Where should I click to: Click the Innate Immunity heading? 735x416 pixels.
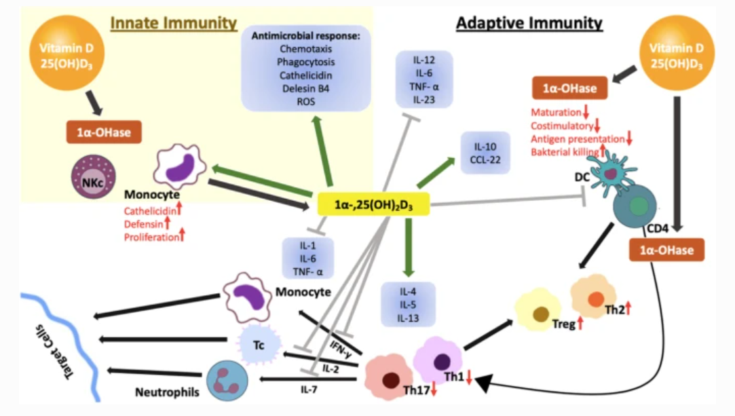coord(174,23)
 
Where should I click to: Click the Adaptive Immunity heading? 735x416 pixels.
coord(529,23)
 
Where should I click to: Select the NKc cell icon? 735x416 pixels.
coord(89,181)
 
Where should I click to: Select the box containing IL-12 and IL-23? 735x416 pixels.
coord(424,79)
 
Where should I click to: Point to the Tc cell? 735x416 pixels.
coord(258,343)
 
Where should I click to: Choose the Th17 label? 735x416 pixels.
coord(416,390)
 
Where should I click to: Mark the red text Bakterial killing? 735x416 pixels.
coord(563,151)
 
